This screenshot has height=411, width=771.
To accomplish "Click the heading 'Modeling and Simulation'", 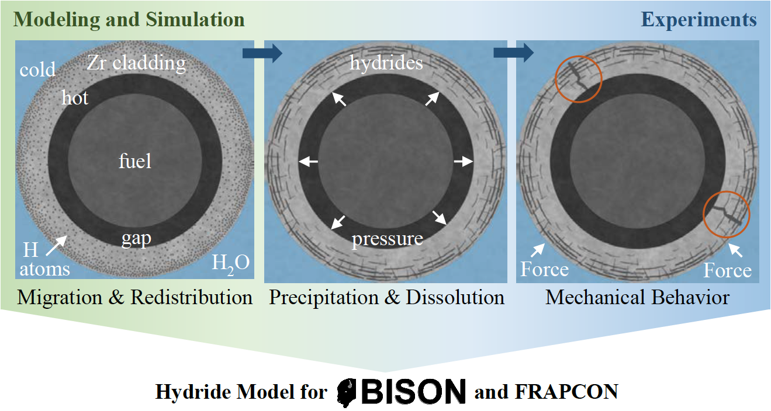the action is pyautogui.click(x=129, y=20).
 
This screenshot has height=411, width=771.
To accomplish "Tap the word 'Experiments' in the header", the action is pyautogui.click(x=699, y=20).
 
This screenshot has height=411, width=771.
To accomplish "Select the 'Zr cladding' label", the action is pyautogui.click(x=136, y=63).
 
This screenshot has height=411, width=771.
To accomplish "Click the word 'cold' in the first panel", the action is pyautogui.click(x=37, y=69).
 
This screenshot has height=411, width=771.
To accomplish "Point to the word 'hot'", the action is pyautogui.click(x=75, y=97).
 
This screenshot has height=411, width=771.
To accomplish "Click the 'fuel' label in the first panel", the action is pyautogui.click(x=135, y=161).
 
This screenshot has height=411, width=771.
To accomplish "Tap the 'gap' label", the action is pyautogui.click(x=136, y=239).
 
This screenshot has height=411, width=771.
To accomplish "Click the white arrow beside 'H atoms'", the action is pyautogui.click(x=57, y=245).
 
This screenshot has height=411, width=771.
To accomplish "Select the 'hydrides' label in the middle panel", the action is pyautogui.click(x=386, y=63).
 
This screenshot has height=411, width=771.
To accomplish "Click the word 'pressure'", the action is pyautogui.click(x=387, y=239).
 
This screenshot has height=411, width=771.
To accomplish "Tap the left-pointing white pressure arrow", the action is pyautogui.click(x=309, y=161).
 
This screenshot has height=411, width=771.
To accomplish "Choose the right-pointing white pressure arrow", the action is pyautogui.click(x=464, y=161).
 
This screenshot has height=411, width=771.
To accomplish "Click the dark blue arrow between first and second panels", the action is pyautogui.click(x=262, y=53).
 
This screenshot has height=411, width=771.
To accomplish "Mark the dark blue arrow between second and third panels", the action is pyautogui.click(x=514, y=53).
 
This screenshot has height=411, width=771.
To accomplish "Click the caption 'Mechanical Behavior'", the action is pyautogui.click(x=638, y=297).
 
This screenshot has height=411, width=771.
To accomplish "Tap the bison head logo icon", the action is pyautogui.click(x=348, y=392).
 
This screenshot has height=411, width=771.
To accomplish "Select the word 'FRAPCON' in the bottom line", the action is pyautogui.click(x=566, y=392).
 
